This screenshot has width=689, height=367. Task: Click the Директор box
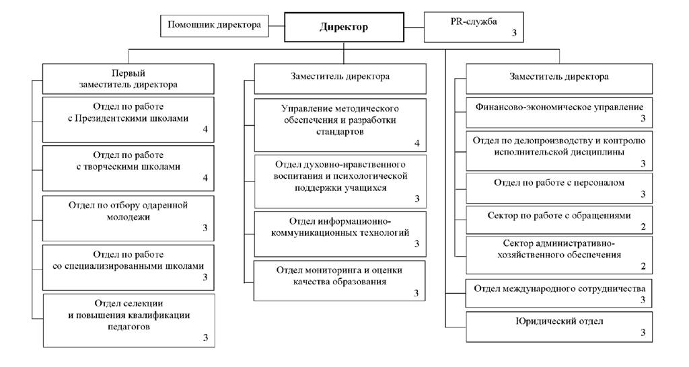pyautogui.click(x=344, y=28)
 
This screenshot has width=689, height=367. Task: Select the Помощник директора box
pyautogui.click(x=214, y=26)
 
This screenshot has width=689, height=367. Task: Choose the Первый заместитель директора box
pyautogui.click(x=129, y=79)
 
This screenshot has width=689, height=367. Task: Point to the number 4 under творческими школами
pyautogui.click(x=205, y=178)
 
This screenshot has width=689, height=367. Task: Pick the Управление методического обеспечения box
pyautogui.click(x=340, y=124)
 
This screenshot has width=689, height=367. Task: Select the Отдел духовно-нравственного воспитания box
pyautogui.click(x=340, y=181)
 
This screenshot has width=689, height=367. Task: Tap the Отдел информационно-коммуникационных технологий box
pyautogui.click(x=340, y=233)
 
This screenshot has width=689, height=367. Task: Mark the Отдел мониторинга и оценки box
pyautogui.click(x=340, y=280)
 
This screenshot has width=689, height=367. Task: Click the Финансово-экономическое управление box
pyautogui.click(x=559, y=112)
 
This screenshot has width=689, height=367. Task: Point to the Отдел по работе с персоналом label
pyautogui.click(x=559, y=182)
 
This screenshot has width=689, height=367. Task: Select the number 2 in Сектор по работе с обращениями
pyautogui.click(x=643, y=227)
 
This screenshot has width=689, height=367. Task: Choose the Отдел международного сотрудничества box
pyautogui.click(x=559, y=293)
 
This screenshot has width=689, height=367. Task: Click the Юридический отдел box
pyautogui.click(x=559, y=326)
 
